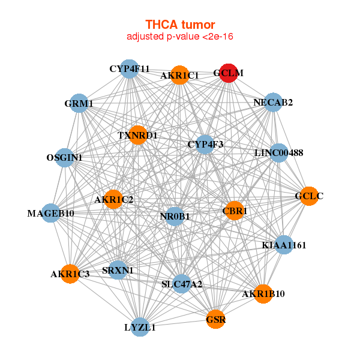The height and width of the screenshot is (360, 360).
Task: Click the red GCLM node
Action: click(x=229, y=73)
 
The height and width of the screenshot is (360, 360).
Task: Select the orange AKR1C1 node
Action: click(x=179, y=75)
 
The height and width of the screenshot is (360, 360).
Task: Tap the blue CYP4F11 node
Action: click(x=129, y=69)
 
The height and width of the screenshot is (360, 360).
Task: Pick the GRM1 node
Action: click(x=79, y=103)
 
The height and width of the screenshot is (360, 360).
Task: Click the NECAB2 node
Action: click(x=273, y=103)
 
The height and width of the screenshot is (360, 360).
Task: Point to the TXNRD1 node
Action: click(x=138, y=135)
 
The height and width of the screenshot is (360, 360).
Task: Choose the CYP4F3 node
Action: click(x=205, y=144)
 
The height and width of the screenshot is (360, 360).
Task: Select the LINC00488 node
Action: click(x=278, y=153)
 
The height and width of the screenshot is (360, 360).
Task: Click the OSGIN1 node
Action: click(x=65, y=157)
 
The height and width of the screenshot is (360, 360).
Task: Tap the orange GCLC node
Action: click(x=308, y=196)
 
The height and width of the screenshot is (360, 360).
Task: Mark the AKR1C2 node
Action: click(x=113, y=199)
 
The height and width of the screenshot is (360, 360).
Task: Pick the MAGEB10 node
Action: click(x=51, y=213)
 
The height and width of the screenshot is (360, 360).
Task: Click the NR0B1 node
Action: click(x=175, y=216)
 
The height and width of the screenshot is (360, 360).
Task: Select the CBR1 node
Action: click(x=234, y=211)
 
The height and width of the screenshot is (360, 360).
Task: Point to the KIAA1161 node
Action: click(x=284, y=245)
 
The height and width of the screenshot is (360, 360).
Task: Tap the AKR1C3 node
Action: click(x=70, y=274)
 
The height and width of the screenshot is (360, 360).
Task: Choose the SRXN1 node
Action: click(x=118, y=270)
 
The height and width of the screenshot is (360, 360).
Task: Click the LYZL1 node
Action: click(x=140, y=327)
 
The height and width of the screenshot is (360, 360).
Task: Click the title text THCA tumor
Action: click(x=180, y=25)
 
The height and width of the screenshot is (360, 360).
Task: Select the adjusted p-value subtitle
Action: click(x=180, y=37)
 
